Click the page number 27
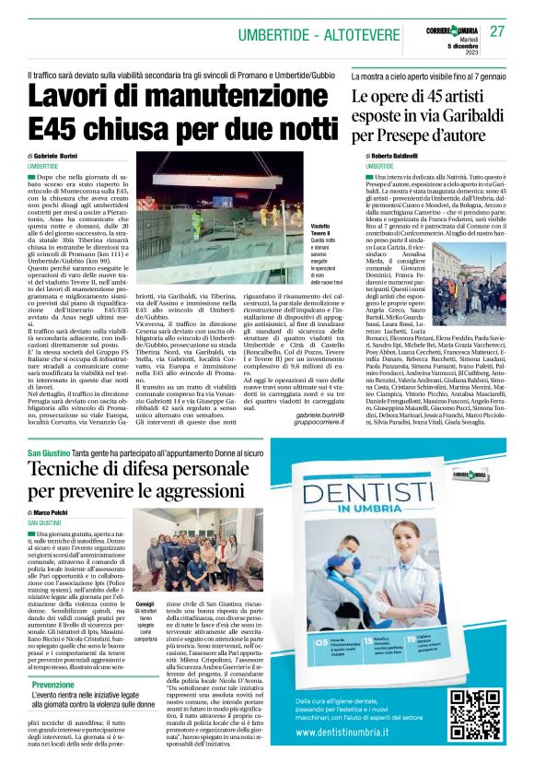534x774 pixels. coord(497,31)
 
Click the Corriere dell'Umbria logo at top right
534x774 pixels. coord(449,30)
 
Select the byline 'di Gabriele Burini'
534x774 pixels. coord(57,158)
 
